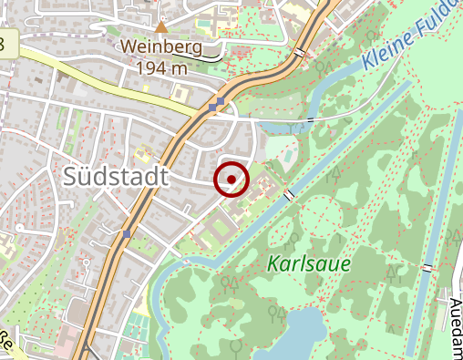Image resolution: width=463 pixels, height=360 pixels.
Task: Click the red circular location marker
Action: point(231,179)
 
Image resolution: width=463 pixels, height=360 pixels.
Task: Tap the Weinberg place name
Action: point(162,46)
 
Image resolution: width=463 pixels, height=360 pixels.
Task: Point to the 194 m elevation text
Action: point(162,67)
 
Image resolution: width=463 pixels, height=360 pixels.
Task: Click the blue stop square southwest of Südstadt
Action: point(127,234)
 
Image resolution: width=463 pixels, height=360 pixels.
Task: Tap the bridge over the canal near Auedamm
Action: point(427,268)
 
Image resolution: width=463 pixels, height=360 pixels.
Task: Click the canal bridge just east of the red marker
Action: point(289,195)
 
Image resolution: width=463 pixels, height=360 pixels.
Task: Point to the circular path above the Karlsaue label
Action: point(321,216)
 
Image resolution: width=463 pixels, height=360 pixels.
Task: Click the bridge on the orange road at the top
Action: point(300,52)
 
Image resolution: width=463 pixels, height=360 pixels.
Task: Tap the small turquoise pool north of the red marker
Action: point(288,157)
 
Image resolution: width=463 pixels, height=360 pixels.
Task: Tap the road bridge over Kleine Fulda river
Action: point(312,119)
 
